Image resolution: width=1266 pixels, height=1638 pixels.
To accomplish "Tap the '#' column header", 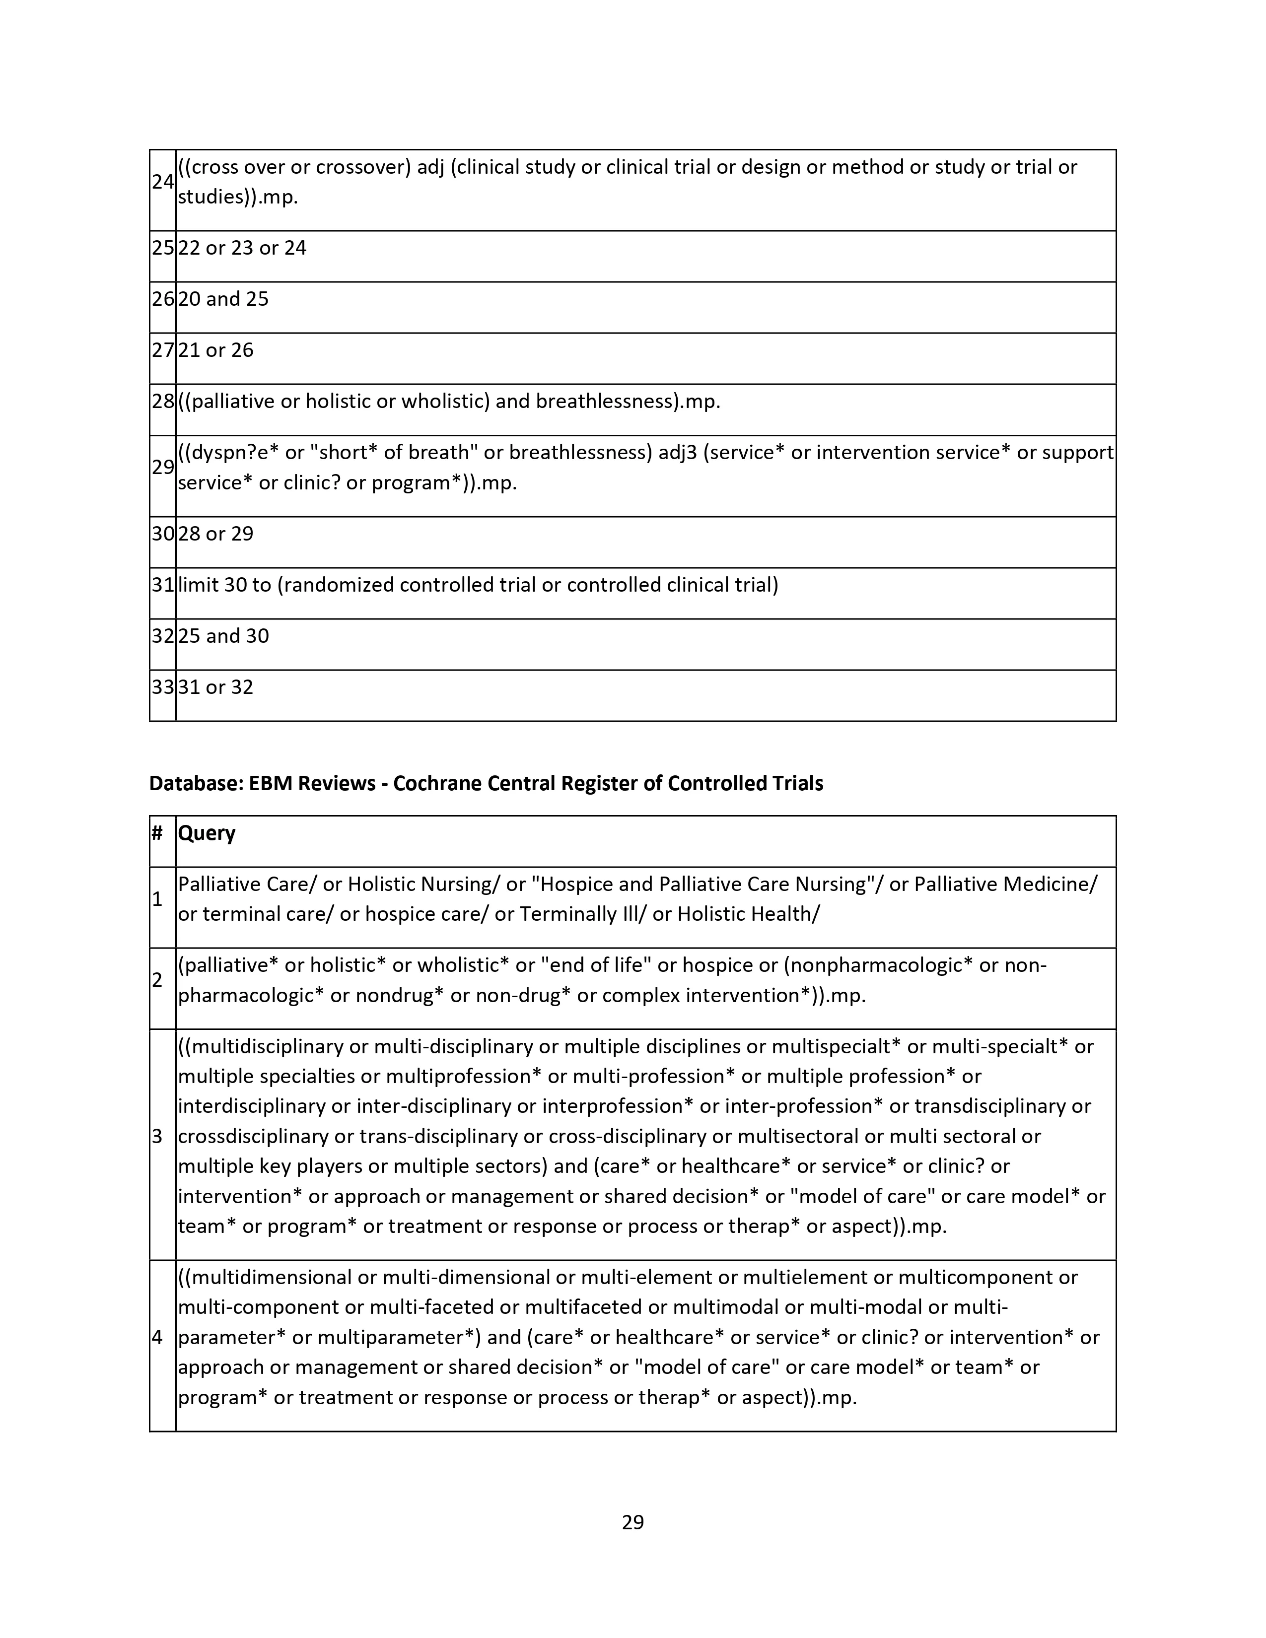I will click(157, 833).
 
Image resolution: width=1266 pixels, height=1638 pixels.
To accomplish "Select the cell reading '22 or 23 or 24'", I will click(242, 248).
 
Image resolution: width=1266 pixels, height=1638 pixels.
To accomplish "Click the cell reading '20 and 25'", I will click(223, 299).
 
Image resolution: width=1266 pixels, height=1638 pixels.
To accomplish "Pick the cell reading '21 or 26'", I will click(216, 350).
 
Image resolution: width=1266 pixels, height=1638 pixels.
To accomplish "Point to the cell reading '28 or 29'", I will click(216, 534).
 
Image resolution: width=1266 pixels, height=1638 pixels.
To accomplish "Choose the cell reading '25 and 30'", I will click(223, 636).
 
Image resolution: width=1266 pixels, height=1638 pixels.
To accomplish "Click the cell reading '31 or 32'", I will click(216, 687).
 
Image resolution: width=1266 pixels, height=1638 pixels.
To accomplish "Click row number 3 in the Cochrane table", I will click(157, 1136).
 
